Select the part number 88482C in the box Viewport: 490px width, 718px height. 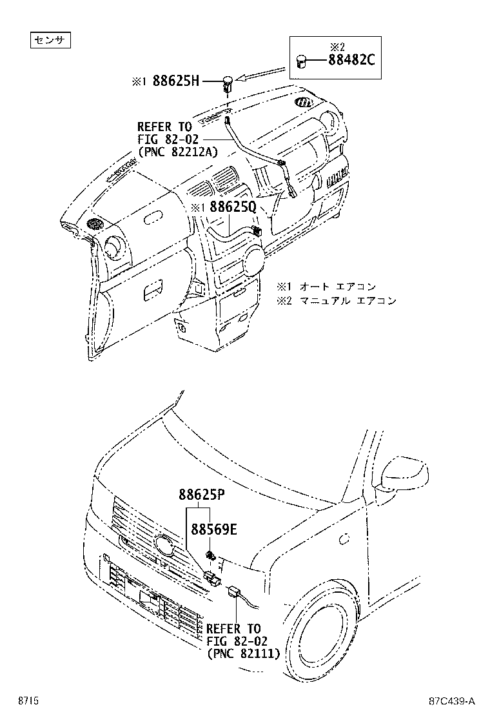click(x=351, y=61)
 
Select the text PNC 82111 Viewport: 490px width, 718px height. click(x=243, y=654)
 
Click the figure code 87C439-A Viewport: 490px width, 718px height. click(x=451, y=701)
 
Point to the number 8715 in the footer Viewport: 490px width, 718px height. click(x=28, y=701)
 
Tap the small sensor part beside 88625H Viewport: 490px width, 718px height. click(x=228, y=82)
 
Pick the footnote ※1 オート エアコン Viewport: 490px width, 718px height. click(x=326, y=286)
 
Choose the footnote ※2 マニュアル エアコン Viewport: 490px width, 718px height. click(x=337, y=300)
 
